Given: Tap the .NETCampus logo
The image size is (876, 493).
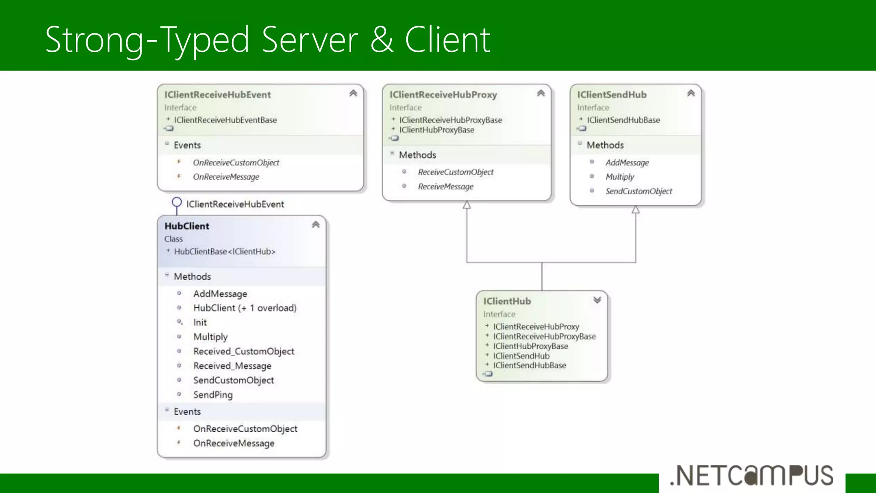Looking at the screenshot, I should click(x=752, y=476).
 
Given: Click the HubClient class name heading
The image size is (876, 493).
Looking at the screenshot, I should click(x=187, y=226).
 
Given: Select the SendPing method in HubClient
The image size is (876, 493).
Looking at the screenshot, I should click(x=213, y=395).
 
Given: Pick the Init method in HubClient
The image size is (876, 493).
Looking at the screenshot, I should click(x=200, y=322).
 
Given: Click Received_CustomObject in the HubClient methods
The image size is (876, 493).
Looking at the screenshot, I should click(x=243, y=351).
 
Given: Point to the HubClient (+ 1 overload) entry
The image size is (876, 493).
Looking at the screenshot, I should click(x=245, y=308).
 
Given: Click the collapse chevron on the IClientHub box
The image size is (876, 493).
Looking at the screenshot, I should click(x=597, y=300).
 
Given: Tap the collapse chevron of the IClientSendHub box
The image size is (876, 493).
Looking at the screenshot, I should click(x=691, y=93).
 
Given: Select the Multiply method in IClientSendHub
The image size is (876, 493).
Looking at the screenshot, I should click(x=619, y=177).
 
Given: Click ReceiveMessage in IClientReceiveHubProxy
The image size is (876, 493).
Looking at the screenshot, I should click(x=445, y=187).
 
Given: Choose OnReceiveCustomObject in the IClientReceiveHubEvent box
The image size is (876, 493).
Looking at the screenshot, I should click(x=236, y=163).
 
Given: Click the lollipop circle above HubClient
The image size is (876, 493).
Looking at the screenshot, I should click(x=177, y=202).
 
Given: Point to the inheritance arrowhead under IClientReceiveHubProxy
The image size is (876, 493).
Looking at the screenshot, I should click(x=467, y=205).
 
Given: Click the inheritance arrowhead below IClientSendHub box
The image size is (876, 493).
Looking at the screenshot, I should click(x=636, y=210).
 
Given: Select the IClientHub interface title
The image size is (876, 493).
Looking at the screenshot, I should click(x=507, y=301).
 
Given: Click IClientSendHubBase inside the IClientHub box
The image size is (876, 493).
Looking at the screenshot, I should click(x=529, y=365).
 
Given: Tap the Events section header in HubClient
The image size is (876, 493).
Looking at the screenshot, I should click(x=187, y=411).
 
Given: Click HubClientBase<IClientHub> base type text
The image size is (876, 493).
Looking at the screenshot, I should click(x=225, y=252).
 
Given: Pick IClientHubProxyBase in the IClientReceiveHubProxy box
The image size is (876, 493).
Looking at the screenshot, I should click(x=436, y=130).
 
